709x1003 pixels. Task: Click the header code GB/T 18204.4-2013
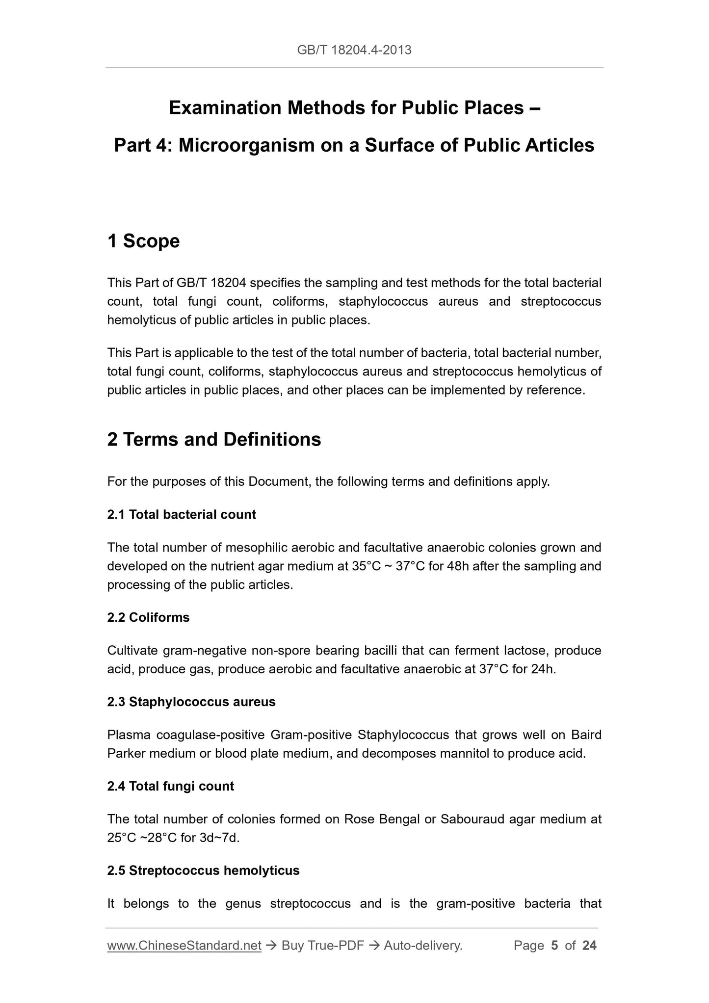point(354,50)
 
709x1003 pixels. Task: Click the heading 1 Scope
point(143,241)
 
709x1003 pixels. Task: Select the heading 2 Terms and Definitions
point(214,439)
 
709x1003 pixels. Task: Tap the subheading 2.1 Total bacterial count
point(182,514)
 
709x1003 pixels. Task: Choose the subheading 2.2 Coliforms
point(148,617)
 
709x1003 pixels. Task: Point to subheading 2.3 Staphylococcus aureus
point(191,702)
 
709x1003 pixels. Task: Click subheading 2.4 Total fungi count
point(170,786)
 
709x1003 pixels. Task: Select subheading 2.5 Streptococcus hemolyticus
point(203,871)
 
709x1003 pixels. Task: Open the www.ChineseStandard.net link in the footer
point(184,946)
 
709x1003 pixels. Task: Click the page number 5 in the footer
point(554,946)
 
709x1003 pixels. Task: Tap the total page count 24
point(589,946)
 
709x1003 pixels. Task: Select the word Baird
point(586,735)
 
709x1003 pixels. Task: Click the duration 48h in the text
point(458,566)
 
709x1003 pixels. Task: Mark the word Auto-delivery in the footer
point(422,946)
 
